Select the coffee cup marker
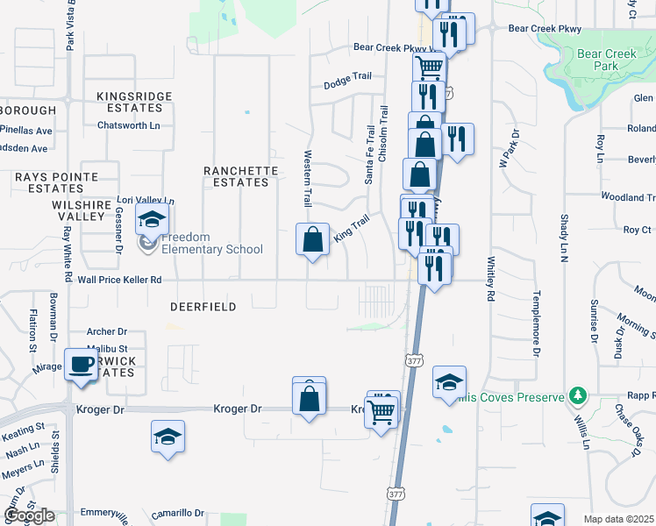coord(82,364)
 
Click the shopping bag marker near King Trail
coord(313,239)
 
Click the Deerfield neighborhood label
coord(203,307)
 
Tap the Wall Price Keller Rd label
coord(120,280)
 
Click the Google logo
coord(29,515)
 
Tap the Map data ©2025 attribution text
coord(619,519)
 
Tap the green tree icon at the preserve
coord(576,397)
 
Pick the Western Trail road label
coord(308,178)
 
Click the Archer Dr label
coord(107,331)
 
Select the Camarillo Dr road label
coord(177,513)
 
